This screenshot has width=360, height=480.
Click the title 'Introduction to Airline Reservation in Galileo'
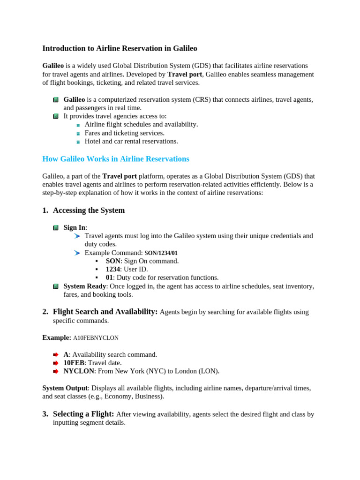120,48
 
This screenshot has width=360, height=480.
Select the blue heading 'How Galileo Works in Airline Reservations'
116,159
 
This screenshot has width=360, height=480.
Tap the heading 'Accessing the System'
89,210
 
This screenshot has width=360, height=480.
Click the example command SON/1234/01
161,253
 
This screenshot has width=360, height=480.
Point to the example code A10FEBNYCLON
96,338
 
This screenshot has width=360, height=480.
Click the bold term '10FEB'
74,363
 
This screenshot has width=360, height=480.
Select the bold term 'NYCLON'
79,371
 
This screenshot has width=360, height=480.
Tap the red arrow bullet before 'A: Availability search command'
56,355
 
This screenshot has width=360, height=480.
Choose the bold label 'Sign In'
75,227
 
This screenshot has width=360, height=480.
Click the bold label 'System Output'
65,388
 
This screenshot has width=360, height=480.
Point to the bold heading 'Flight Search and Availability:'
105,312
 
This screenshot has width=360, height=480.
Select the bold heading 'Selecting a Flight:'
83,414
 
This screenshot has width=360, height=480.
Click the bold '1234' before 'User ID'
113,270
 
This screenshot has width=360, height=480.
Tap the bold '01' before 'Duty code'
109,277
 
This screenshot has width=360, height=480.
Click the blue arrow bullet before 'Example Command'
77,253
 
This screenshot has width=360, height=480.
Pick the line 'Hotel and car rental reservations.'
131,141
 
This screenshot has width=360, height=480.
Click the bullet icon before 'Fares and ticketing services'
78,134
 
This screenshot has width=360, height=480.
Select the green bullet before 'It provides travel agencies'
56,116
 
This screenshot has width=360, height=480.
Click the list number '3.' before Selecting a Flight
45,414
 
